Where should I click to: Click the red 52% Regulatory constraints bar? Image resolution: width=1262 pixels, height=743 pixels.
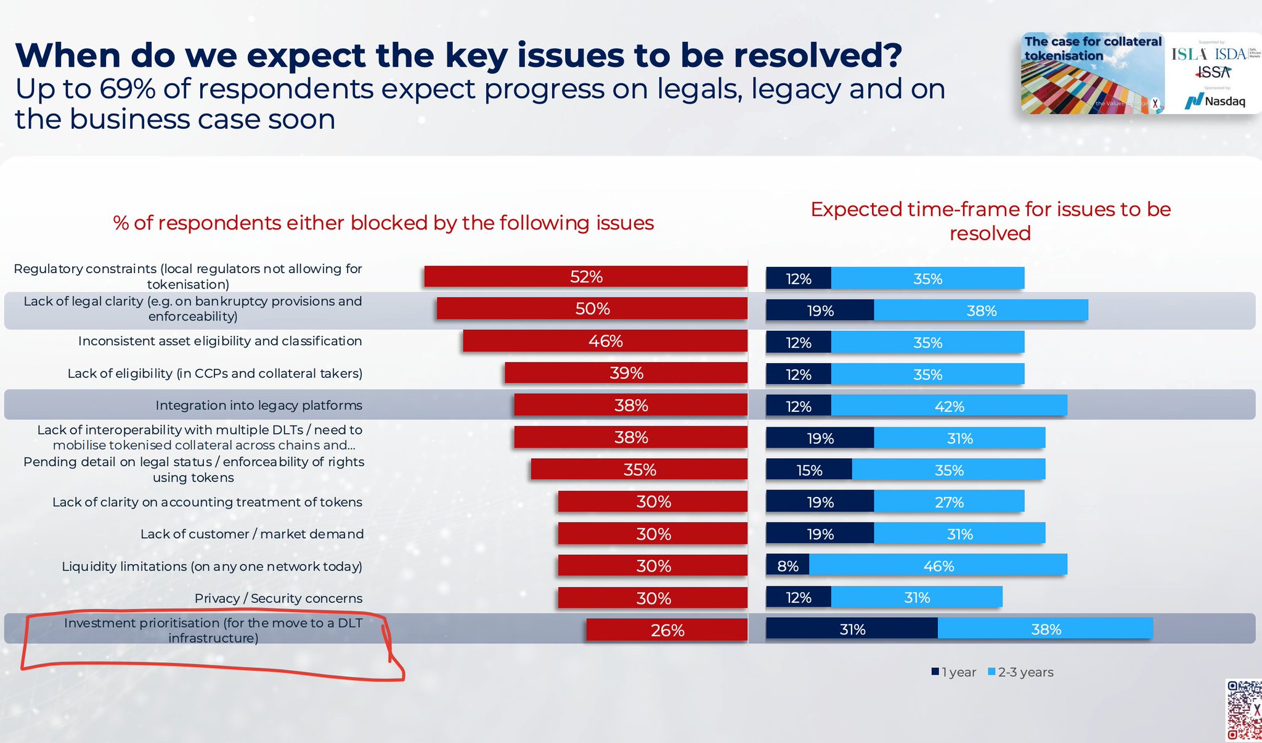pos(585,277)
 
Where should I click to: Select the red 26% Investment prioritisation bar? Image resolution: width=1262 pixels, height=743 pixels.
pos(667,630)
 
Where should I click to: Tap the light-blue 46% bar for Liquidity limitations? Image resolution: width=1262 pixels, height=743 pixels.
pos(938,565)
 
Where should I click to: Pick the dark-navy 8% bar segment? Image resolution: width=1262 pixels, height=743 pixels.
pos(788,565)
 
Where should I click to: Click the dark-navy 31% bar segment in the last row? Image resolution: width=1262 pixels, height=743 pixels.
pos(852,629)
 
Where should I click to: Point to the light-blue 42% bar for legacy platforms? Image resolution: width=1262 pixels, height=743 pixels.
pos(949,406)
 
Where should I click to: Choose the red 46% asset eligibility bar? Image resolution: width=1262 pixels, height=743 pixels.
pos(605,341)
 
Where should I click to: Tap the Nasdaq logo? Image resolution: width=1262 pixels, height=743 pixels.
pos(1215,101)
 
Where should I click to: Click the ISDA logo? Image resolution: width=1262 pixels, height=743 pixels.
pos(1231,54)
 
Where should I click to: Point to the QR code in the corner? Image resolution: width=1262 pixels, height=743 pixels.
pos(1244,709)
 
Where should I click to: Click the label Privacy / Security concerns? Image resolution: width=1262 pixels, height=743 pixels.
pos(279,598)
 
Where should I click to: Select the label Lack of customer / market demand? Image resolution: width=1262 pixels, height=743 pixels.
pos(252,534)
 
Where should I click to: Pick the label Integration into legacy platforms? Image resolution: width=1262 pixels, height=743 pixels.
pos(259,405)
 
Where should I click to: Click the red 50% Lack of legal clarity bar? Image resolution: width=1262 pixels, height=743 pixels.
pos(592,309)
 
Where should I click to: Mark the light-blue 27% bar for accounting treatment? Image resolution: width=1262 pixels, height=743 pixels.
pos(949,502)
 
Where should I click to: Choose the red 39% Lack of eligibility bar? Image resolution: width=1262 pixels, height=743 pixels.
pos(626,373)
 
